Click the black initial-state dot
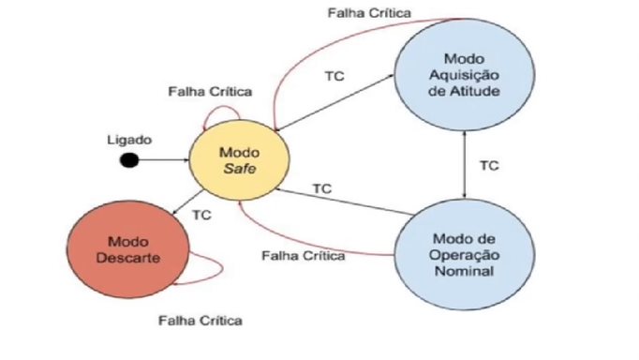[130, 161]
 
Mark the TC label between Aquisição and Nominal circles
[489, 166]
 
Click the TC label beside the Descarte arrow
[201, 215]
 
